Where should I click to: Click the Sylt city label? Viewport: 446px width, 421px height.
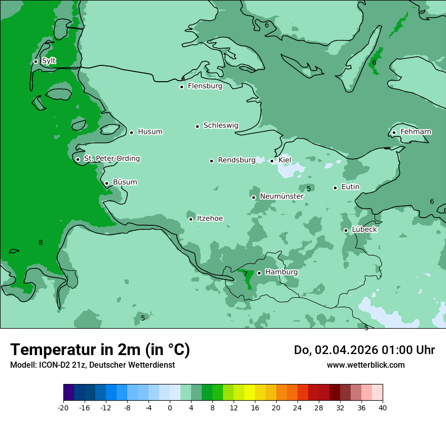click(49, 61)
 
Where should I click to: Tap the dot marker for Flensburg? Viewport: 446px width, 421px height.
click(181, 87)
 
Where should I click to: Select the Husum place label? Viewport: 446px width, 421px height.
click(150, 132)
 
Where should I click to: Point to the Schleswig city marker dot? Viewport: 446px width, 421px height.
click(198, 126)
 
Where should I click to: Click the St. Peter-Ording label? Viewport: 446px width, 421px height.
click(111, 159)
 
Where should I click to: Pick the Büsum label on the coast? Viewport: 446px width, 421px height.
click(125, 182)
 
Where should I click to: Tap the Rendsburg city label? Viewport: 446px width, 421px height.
click(237, 160)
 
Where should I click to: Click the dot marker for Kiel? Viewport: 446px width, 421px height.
click(272, 161)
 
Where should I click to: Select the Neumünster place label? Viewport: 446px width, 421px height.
click(282, 196)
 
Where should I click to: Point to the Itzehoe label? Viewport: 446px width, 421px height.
click(210, 219)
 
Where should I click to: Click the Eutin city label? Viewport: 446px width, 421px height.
click(350, 187)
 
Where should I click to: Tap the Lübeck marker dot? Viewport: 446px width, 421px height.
click(346, 230)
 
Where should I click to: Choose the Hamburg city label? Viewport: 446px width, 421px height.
click(281, 272)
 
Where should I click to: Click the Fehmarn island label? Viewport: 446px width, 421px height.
click(416, 132)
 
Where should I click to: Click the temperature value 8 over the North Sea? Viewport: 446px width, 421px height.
click(41, 243)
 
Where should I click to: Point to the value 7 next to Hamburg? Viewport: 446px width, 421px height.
click(245, 274)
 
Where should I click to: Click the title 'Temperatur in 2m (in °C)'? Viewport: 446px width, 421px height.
click(100, 350)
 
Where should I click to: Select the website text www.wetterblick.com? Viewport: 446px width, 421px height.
click(365, 365)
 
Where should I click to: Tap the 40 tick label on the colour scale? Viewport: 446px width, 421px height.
click(382, 407)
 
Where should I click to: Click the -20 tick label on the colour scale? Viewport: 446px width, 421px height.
click(63, 407)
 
